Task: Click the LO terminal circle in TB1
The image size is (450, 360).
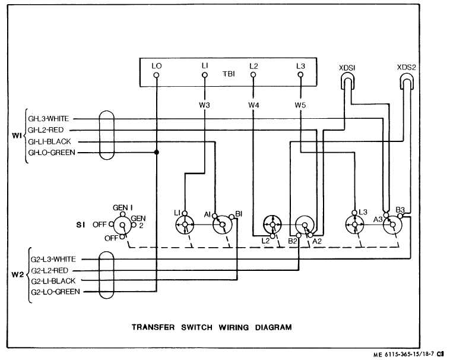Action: (x=157, y=75)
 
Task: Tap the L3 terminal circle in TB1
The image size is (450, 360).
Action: (x=301, y=75)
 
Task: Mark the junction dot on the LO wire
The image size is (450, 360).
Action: (x=157, y=153)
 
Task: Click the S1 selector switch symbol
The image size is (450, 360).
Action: (x=122, y=226)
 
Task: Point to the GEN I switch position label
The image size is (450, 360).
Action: (x=122, y=207)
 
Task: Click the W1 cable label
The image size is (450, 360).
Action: (x=17, y=135)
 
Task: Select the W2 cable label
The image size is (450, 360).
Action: (x=17, y=275)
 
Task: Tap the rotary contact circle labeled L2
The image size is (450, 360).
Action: (x=272, y=225)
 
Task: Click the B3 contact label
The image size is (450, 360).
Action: (x=401, y=210)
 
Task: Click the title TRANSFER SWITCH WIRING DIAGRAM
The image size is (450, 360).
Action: (x=211, y=327)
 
